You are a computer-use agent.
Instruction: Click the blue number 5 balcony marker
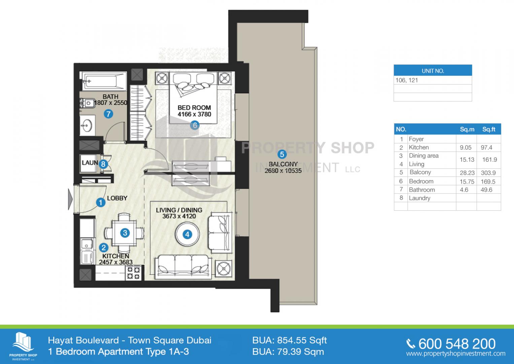click(x=282, y=154)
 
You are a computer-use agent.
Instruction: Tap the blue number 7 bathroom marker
click(x=108, y=114)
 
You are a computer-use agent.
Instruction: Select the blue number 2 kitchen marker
click(x=103, y=247)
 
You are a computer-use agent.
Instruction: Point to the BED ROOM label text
click(x=194, y=108)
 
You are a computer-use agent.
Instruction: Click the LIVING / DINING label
click(x=179, y=210)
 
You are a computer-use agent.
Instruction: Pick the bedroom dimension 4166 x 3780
click(x=194, y=114)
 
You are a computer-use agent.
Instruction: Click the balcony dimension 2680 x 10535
click(x=283, y=171)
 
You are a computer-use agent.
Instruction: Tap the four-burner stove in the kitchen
click(x=134, y=273)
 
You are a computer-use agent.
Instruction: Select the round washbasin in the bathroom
click(x=87, y=126)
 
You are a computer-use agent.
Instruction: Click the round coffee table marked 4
click(x=187, y=234)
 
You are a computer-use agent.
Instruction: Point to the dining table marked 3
click(x=124, y=233)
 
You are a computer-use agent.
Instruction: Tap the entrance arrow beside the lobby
click(x=70, y=200)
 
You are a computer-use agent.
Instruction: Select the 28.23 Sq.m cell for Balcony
click(x=467, y=173)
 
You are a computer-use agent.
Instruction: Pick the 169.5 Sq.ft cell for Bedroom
click(x=488, y=182)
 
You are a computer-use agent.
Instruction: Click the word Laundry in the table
click(x=419, y=198)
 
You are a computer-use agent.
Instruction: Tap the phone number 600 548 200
click(x=457, y=344)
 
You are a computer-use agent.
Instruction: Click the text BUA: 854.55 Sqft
click(x=289, y=340)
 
